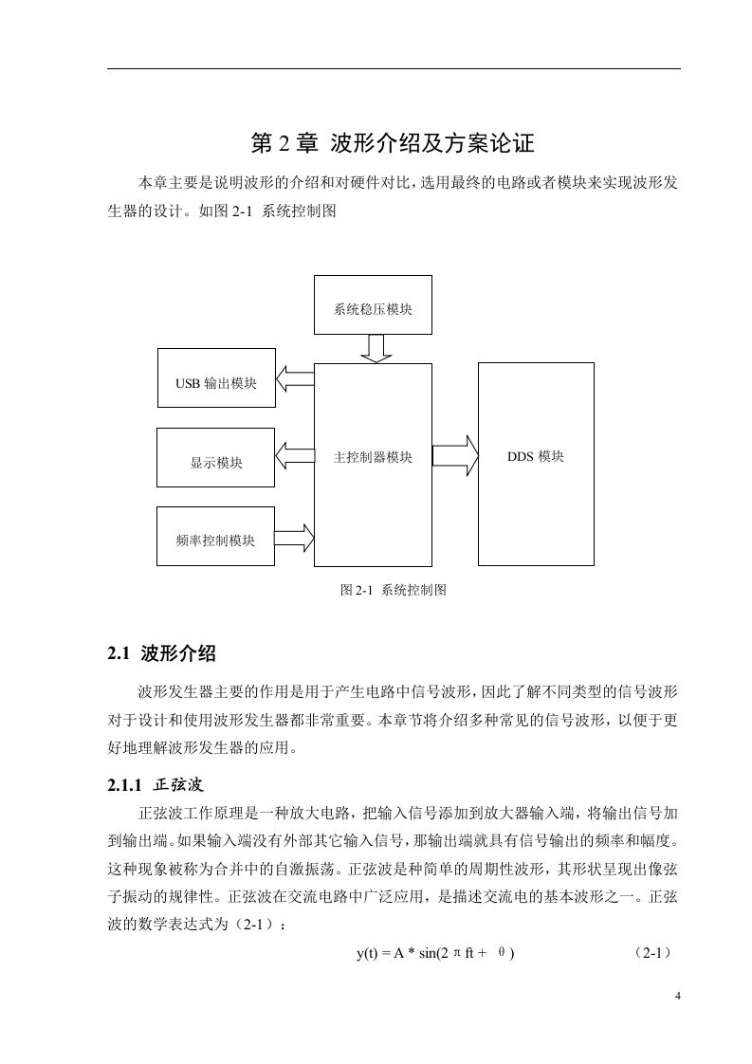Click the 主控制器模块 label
[x=373, y=457]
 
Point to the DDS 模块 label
[x=536, y=457]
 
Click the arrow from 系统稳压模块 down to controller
[x=376, y=349]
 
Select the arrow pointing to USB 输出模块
[x=295, y=378]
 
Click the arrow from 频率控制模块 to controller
[x=295, y=538]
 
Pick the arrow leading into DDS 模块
[x=455, y=455]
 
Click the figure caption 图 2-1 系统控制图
[x=393, y=590]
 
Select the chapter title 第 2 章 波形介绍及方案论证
[x=393, y=143]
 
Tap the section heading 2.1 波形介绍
[x=161, y=653]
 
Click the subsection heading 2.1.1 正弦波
[x=156, y=785]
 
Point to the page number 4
[x=677, y=996]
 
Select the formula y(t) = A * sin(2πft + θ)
[x=435, y=953]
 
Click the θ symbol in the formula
[x=502, y=953]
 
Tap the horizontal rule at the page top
[x=394, y=68]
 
